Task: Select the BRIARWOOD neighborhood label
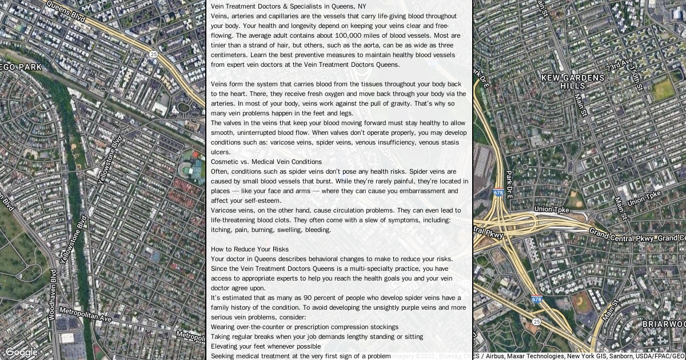[x=663, y=324]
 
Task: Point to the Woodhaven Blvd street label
[x=53, y=294]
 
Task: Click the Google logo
[x=21, y=352]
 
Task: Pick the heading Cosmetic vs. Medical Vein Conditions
[x=266, y=162]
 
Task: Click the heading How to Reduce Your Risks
[x=250, y=249]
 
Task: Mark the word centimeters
[x=229, y=55]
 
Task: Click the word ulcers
[x=221, y=152]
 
